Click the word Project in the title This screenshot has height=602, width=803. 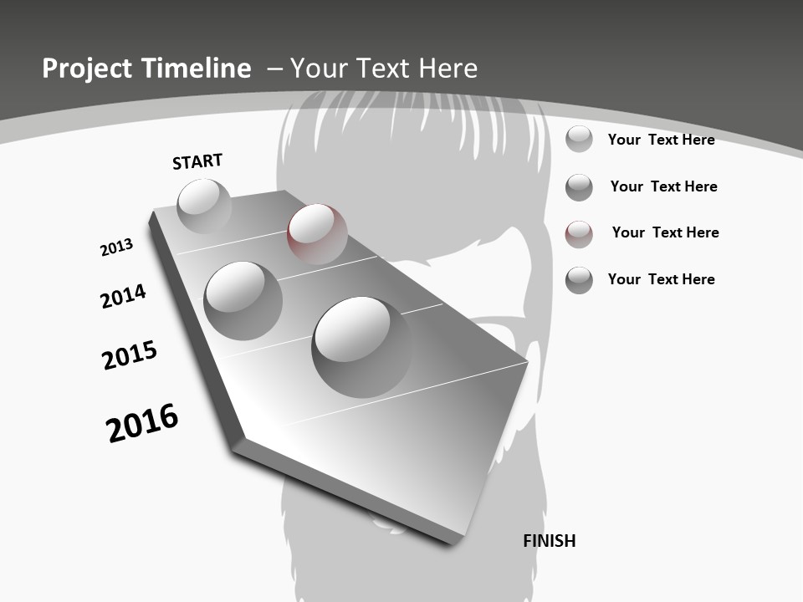(86, 69)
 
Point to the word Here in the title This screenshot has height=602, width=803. (448, 69)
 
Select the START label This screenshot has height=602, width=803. (197, 161)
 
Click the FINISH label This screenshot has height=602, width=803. (550, 541)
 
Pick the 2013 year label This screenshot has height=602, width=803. (116, 247)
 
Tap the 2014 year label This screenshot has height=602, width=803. (123, 296)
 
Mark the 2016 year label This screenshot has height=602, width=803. (142, 423)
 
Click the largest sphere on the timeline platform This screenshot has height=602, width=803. (361, 346)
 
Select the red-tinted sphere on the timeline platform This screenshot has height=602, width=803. (317, 234)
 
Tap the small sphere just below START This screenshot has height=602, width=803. (204, 207)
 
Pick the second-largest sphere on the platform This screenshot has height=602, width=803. (243, 300)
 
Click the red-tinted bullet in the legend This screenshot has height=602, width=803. (579, 234)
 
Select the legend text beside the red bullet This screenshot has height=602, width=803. (665, 232)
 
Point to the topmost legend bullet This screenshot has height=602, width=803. (579, 139)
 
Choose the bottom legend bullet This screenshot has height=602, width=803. (579, 280)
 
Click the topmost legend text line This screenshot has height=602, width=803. (661, 140)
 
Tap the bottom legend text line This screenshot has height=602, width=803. (661, 279)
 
